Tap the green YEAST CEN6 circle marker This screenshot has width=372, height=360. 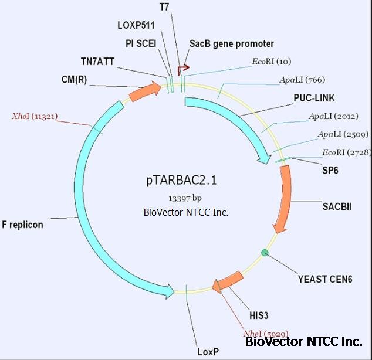pyautogui.click(x=265, y=253)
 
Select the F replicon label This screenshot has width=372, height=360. pyautogui.click(x=22, y=225)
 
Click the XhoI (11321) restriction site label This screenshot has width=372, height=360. pyautogui.click(x=35, y=116)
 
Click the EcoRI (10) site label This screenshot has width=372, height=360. pyautogui.click(x=271, y=61)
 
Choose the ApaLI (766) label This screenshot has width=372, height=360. pyautogui.click(x=302, y=80)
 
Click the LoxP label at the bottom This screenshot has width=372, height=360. pyautogui.click(x=208, y=352)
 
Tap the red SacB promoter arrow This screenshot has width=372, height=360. pyautogui.click(x=183, y=69)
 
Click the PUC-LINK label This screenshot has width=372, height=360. pyautogui.click(x=314, y=97)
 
